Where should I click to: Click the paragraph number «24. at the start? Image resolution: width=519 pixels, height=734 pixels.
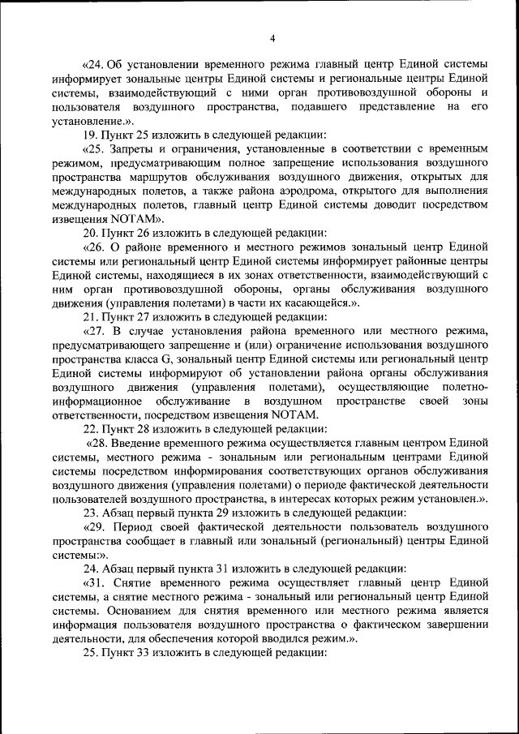(96, 63)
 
